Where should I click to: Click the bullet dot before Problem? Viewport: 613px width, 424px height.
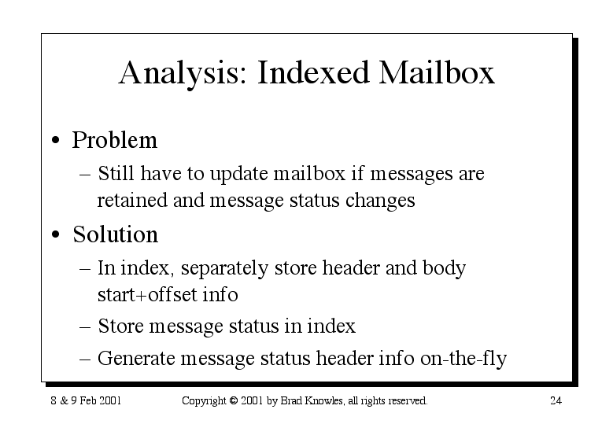point(56,140)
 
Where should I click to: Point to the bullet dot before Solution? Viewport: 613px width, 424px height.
point(56,234)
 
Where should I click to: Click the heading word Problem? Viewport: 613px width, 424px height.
point(115,139)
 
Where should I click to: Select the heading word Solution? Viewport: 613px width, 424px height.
point(116,234)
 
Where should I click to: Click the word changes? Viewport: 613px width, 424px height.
point(380,201)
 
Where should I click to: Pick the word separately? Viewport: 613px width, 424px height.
point(224,268)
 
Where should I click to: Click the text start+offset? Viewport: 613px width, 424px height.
point(147,295)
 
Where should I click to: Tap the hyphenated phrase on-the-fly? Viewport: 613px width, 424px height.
point(463,359)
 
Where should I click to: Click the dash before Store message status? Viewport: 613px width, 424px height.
point(85,326)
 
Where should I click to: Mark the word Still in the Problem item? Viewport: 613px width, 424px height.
point(116,173)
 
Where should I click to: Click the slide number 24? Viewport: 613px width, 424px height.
point(556,400)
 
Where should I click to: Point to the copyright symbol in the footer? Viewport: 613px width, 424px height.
point(234,400)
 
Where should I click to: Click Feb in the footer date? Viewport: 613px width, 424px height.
point(88,400)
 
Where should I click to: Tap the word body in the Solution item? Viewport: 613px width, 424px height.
point(444,268)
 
